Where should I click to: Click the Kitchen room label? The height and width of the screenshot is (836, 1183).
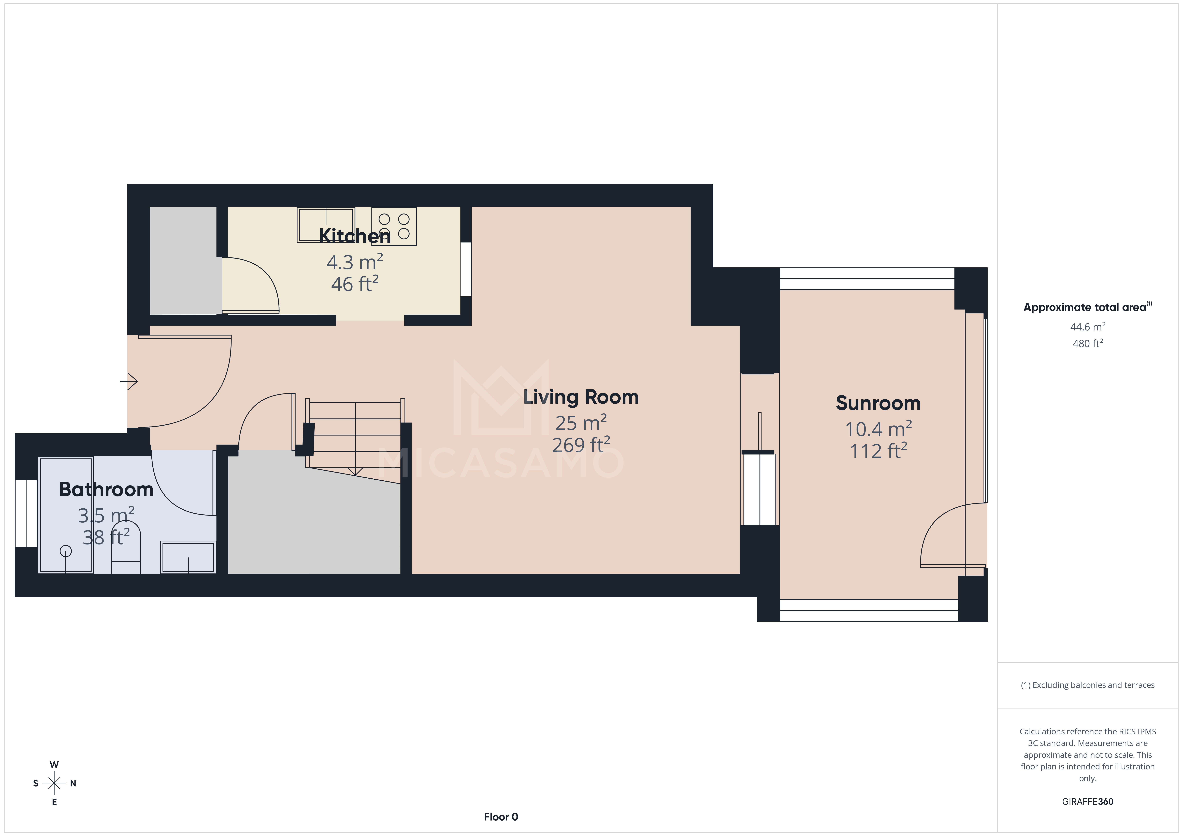(354, 236)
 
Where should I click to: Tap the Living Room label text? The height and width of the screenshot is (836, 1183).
(581, 397)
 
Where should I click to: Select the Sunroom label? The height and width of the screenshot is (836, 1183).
(878, 403)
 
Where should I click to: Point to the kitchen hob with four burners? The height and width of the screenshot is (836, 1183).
(394, 226)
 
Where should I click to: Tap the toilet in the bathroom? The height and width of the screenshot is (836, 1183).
(126, 551)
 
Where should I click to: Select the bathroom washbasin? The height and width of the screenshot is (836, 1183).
(188, 557)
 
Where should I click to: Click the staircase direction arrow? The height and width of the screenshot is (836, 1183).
(355, 471)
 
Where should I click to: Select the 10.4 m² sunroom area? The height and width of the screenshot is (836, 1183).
(878, 429)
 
